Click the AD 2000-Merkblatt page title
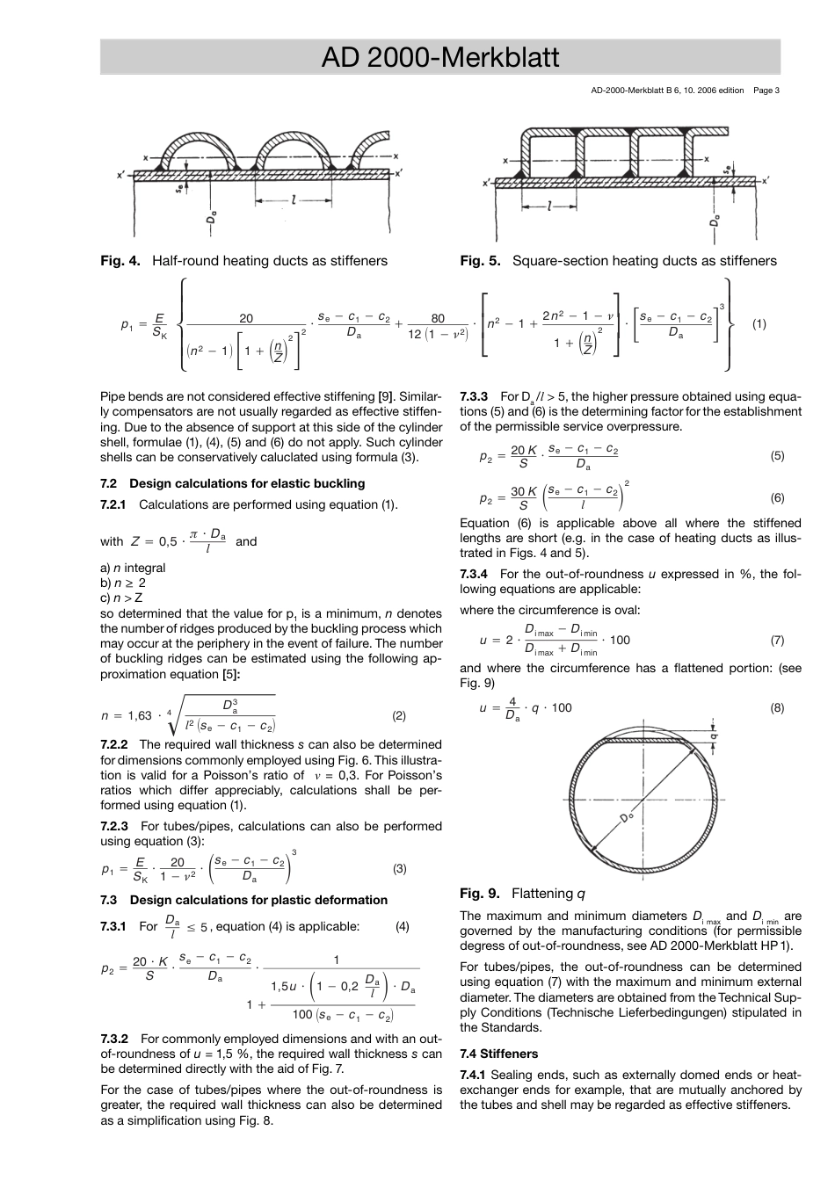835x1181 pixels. coord(439,58)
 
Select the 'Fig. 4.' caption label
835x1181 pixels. coord(120,261)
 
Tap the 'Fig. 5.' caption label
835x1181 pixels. coord(480,261)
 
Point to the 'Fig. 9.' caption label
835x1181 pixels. coord(480,894)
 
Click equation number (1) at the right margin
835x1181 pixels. coord(759,324)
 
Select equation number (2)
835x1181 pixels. coord(399,716)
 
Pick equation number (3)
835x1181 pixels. coord(399,869)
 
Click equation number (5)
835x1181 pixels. coord(777,456)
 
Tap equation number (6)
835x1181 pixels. coord(777,498)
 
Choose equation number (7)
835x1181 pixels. coord(777,641)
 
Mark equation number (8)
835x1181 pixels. coord(777,708)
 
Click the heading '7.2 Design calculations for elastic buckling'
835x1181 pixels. coord(232,484)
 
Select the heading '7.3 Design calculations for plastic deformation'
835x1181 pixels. coord(243,901)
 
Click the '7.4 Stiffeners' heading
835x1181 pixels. coord(498,1054)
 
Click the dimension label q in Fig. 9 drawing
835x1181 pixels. coord(714,735)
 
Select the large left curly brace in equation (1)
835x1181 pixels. coord(181,324)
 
